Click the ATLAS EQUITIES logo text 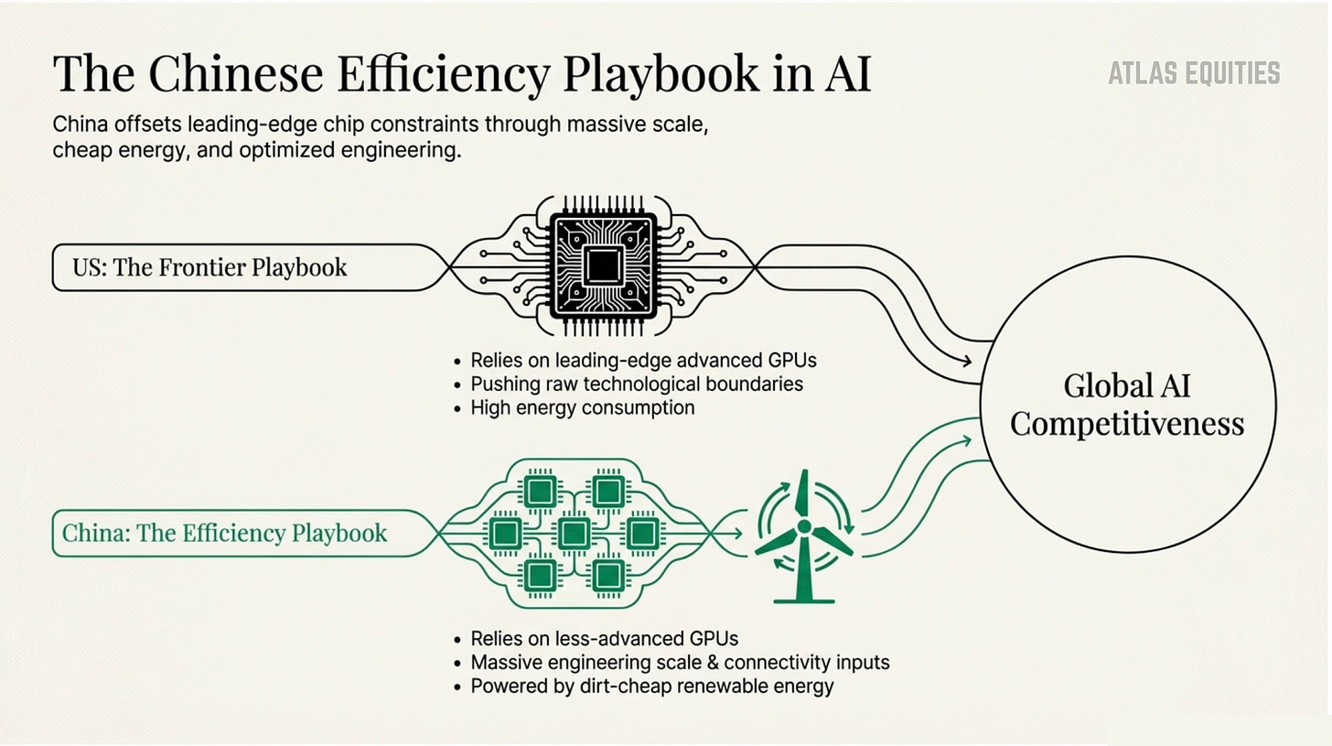coord(1194,73)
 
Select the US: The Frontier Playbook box coord(209,267)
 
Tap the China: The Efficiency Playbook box coord(225,533)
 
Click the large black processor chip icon coord(603,265)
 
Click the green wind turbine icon coord(803,535)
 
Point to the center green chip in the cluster coord(574,533)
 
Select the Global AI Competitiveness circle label coord(1127,404)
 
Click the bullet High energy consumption coord(582,407)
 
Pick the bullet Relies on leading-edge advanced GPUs coord(643,360)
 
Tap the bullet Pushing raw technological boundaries coord(637,384)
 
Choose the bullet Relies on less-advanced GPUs coord(604,638)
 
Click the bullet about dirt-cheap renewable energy coord(651,686)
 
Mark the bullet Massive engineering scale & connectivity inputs coord(680,662)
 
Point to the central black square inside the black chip coord(603,265)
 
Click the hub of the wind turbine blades coord(803,526)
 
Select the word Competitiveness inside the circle coord(1127,424)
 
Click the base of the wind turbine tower coord(804,600)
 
